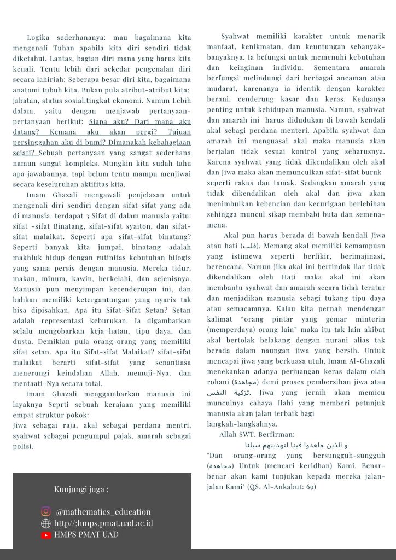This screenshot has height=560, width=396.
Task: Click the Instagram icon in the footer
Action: [46, 511]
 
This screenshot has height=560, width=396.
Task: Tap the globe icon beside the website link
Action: [46, 523]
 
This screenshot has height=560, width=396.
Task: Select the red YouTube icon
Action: [46, 535]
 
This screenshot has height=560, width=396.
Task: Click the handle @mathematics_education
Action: [103, 512]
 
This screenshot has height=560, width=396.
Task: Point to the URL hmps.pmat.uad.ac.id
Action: [103, 523]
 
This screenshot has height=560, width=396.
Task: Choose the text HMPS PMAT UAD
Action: [86, 535]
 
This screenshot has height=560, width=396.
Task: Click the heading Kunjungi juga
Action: [81, 489]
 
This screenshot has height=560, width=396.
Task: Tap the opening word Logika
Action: [39, 37]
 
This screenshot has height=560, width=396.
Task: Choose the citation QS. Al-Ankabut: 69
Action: [282, 487]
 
